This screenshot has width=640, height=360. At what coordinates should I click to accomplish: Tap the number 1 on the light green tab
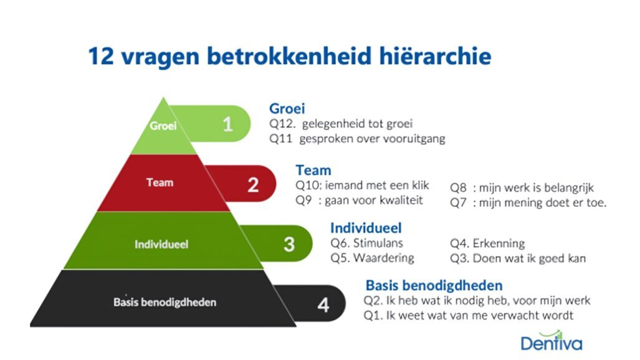[228, 124]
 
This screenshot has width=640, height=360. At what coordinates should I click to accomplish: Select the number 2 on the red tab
[253, 185]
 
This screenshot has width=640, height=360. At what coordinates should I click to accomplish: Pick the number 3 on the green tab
[289, 244]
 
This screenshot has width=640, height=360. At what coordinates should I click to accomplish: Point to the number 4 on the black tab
[323, 306]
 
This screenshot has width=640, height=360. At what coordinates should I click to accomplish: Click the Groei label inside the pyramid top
[163, 125]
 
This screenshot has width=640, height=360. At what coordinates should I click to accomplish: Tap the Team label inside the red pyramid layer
[160, 182]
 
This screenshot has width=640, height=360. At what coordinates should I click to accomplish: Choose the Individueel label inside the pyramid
[162, 244]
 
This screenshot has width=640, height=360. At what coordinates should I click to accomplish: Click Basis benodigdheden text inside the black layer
[165, 302]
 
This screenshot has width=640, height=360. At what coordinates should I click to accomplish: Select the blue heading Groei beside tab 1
[287, 109]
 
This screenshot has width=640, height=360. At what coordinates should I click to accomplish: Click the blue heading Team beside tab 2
[313, 170]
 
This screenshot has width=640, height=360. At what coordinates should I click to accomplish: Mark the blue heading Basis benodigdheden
[434, 286]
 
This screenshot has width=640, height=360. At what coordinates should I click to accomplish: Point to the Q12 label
[280, 124]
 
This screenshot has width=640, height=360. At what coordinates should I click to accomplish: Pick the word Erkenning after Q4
[498, 243]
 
